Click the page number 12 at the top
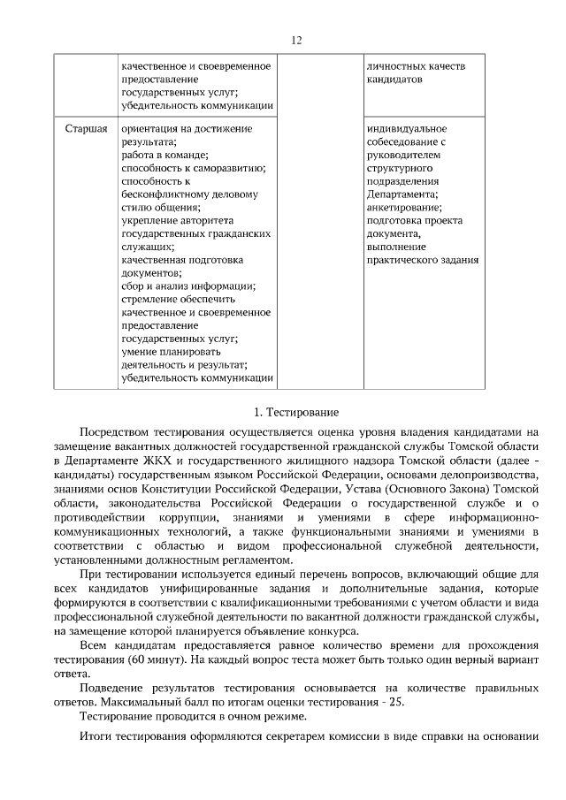(296, 41)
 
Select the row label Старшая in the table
(87, 129)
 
